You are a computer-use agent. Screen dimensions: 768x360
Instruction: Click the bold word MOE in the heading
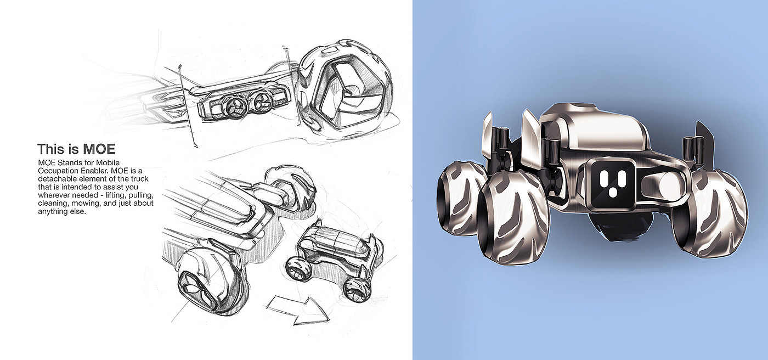click(99, 149)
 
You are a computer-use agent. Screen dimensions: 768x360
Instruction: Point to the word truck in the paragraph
click(139, 179)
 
